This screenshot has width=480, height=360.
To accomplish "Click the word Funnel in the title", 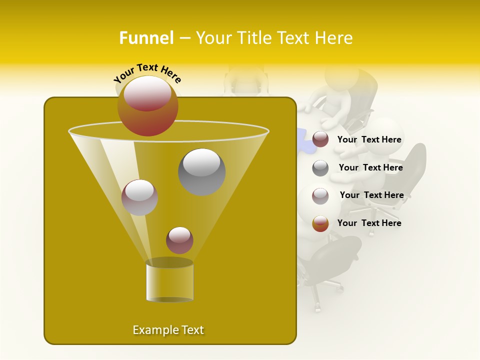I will click(x=146, y=38).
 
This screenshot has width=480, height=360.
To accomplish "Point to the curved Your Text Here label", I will click(x=147, y=73).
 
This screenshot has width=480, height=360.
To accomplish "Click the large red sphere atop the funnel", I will click(x=147, y=106).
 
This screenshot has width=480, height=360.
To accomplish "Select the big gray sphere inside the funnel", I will click(x=202, y=172).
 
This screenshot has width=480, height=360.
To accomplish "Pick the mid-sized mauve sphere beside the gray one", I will click(x=139, y=197).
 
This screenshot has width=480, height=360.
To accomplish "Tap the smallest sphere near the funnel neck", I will click(x=179, y=240).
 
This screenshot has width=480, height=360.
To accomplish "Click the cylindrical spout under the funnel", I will click(x=169, y=281).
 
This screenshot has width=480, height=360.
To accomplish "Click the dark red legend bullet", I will click(x=320, y=139).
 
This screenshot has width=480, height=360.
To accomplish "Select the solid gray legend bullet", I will click(x=320, y=168).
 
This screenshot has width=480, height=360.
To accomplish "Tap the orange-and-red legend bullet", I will click(x=320, y=223).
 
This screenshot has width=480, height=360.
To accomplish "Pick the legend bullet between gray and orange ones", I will click(x=320, y=196).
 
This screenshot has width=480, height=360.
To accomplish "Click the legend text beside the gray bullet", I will click(x=370, y=167).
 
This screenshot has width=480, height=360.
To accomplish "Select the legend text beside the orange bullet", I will click(x=369, y=223).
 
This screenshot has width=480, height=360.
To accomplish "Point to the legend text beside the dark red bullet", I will click(x=369, y=139).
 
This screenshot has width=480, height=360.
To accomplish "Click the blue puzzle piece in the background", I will click(x=306, y=141).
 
